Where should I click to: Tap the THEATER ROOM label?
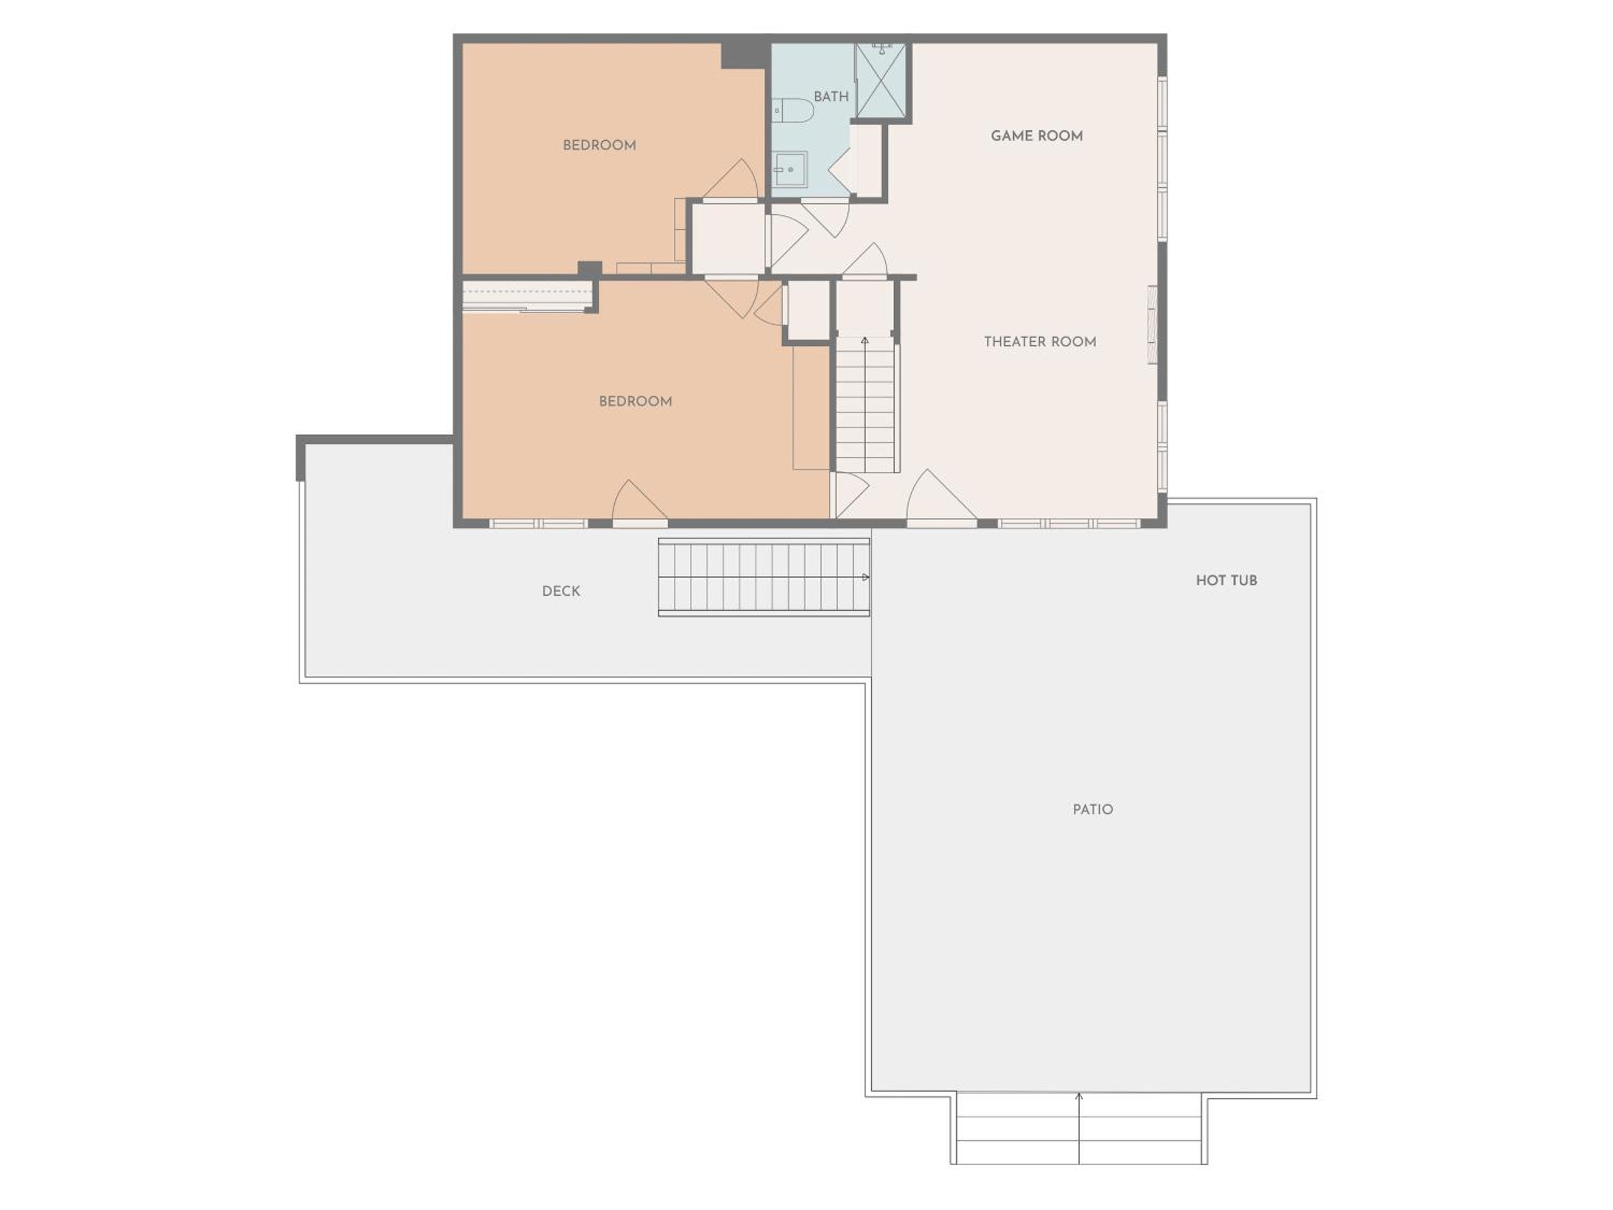pos(1040,341)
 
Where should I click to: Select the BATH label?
pos(831,96)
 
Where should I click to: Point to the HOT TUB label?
pos(1226,581)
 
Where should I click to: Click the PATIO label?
pos(1093,809)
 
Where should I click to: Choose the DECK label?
pos(561,592)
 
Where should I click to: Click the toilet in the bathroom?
pos(793,111)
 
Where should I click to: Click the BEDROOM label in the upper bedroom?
pos(599,145)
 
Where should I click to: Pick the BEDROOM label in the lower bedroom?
pos(635,401)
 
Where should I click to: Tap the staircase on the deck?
pos(763,578)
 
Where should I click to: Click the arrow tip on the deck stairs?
pos(867,577)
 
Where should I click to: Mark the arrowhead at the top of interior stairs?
pos(865,340)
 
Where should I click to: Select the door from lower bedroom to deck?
pos(639,503)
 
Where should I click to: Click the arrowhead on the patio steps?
pos(1079,1096)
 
